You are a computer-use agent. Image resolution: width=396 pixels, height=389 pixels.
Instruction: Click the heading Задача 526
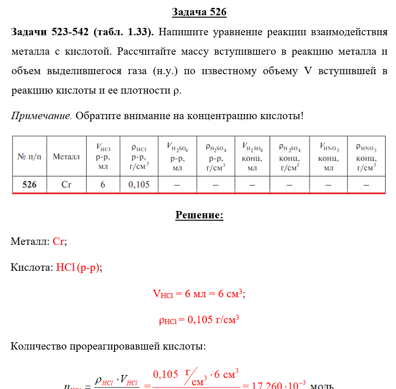(x=199, y=12)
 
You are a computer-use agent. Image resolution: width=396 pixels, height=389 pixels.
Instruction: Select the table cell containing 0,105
(x=139, y=184)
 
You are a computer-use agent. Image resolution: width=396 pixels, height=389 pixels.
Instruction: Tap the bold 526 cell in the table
(x=29, y=184)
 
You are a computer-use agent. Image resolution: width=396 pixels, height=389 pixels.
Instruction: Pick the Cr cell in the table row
(x=66, y=184)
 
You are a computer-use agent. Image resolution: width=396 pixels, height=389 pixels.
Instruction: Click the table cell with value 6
(x=103, y=184)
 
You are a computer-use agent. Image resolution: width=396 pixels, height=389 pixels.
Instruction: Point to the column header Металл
(x=66, y=157)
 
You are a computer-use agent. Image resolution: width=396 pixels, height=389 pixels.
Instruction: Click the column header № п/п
(x=29, y=157)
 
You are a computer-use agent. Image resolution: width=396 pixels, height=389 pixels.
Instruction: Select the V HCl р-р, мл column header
(x=103, y=157)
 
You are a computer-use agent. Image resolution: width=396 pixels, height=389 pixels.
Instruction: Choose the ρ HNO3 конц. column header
(x=366, y=157)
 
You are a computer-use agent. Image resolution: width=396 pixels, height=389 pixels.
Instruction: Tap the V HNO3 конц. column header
(x=328, y=157)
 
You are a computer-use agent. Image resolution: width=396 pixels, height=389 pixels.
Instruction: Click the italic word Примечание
(x=41, y=115)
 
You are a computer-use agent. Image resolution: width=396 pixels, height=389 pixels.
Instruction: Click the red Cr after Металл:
(x=59, y=242)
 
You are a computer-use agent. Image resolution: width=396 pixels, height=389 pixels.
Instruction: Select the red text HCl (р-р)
(x=77, y=268)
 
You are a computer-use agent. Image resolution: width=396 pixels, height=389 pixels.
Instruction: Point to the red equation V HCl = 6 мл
(x=199, y=294)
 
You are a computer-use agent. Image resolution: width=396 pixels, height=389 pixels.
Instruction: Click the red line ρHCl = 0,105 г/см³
(x=199, y=320)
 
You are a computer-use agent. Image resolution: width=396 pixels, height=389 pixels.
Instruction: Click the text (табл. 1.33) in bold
(x=125, y=32)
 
